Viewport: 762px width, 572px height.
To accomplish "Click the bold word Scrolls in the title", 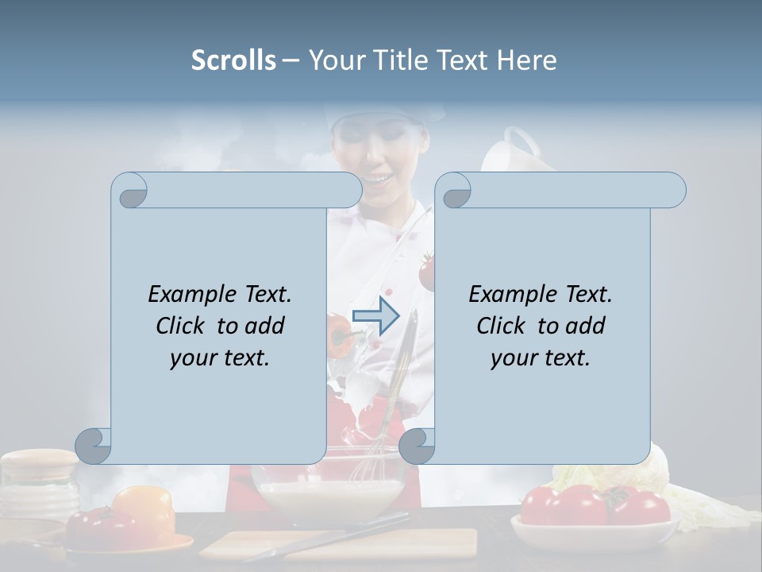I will (x=233, y=60).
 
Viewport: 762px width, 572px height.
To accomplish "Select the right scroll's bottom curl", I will (x=417, y=446).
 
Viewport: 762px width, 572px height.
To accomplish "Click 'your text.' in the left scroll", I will (x=220, y=357).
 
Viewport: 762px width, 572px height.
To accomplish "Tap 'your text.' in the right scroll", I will (x=541, y=357).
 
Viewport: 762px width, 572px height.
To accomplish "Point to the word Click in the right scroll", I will (x=501, y=326).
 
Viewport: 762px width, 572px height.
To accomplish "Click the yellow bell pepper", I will (x=144, y=508).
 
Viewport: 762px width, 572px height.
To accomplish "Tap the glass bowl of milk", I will (x=329, y=497).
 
